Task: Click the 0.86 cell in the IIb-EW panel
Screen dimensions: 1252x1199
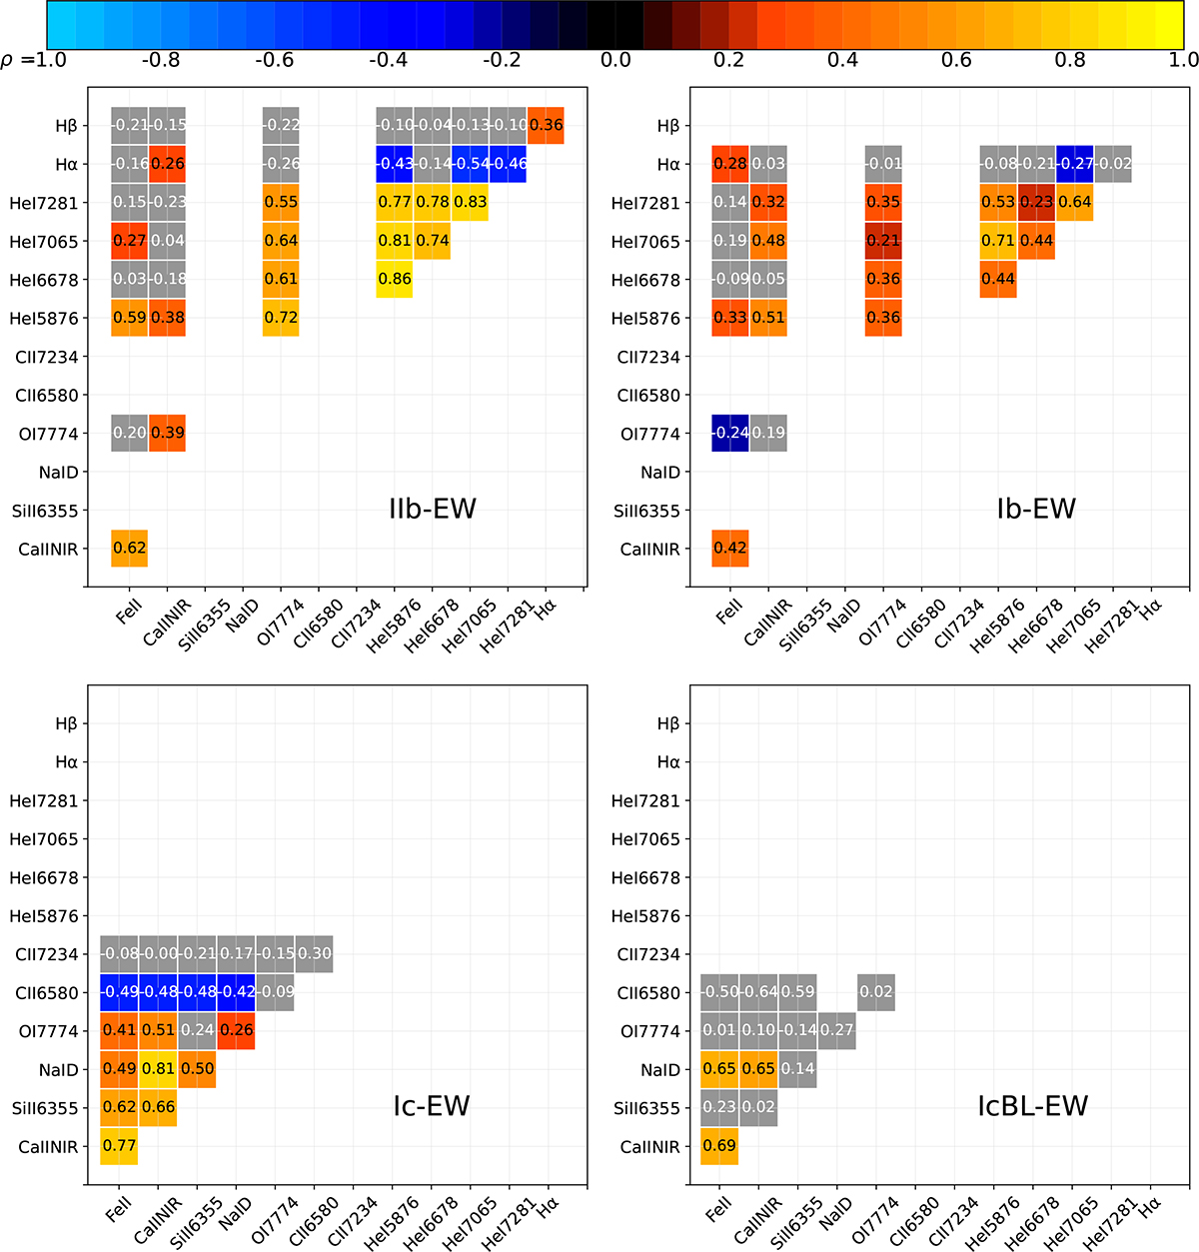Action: [x=395, y=280]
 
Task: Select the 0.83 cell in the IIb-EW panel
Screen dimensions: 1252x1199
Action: [x=470, y=202]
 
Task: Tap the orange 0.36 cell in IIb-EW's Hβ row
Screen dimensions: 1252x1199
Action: [x=546, y=126]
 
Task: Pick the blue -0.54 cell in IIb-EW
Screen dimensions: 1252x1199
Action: [x=470, y=164]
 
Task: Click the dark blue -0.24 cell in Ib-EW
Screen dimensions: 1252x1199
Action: [x=730, y=433]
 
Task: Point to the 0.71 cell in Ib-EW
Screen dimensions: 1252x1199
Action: [x=998, y=241]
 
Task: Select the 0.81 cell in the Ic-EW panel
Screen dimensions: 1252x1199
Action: [x=158, y=1069]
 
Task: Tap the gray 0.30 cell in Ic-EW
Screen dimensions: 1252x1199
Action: [x=314, y=954]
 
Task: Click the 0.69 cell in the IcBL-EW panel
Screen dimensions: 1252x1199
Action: [x=719, y=1146]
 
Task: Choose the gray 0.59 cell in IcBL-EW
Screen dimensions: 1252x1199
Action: [x=797, y=992]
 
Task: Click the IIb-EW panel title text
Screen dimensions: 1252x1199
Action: [x=432, y=510]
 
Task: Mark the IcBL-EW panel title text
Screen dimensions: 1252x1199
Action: [x=1032, y=1106]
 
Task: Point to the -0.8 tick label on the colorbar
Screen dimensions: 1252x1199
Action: [x=160, y=60]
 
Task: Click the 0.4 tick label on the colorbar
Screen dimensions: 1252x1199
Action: [x=842, y=60]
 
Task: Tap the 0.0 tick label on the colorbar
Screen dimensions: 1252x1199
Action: [x=615, y=60]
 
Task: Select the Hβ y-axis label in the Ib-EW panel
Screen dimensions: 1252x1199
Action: [x=668, y=126]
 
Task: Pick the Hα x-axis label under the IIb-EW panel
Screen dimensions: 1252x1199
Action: [x=547, y=609]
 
